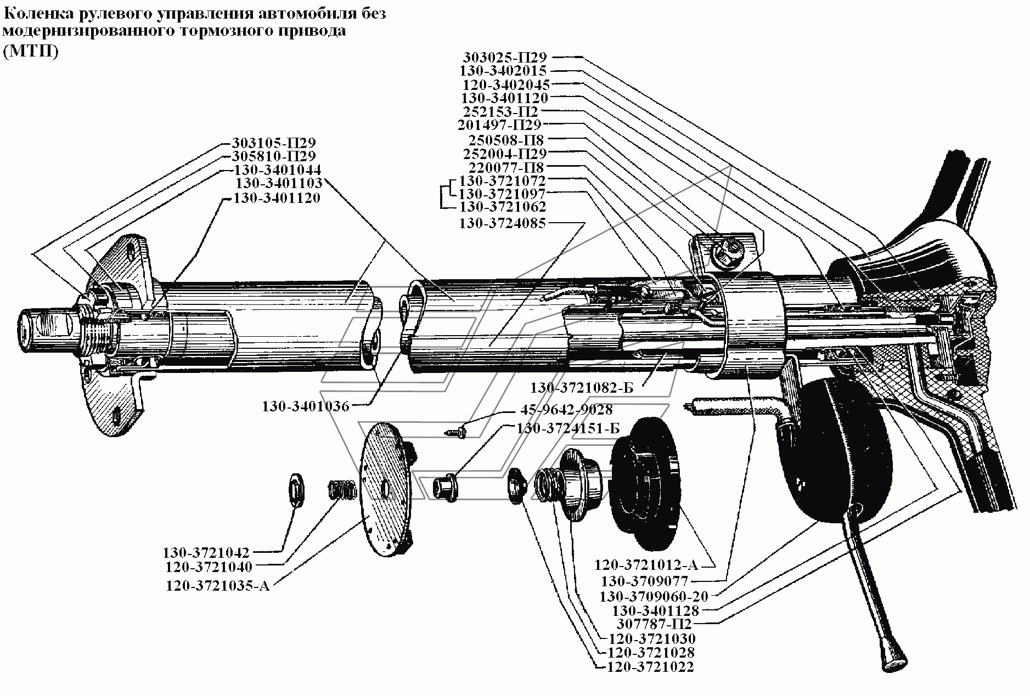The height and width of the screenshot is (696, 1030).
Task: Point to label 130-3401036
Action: (x=306, y=406)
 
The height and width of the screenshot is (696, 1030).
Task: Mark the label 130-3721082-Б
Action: (x=582, y=388)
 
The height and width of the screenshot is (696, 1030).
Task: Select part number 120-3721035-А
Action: (x=218, y=586)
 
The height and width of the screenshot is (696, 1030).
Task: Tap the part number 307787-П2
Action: (x=654, y=624)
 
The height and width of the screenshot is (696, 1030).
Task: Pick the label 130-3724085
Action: (x=503, y=223)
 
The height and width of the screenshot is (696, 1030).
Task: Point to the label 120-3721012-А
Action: (x=652, y=565)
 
